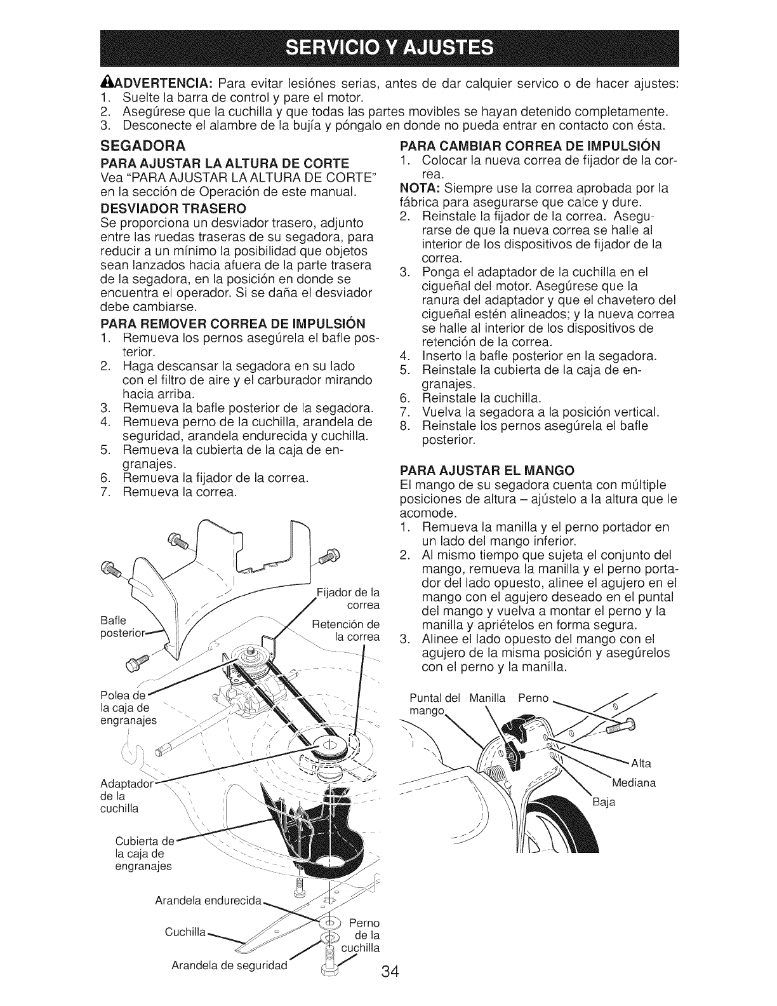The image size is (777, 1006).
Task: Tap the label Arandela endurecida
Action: tap(208, 901)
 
